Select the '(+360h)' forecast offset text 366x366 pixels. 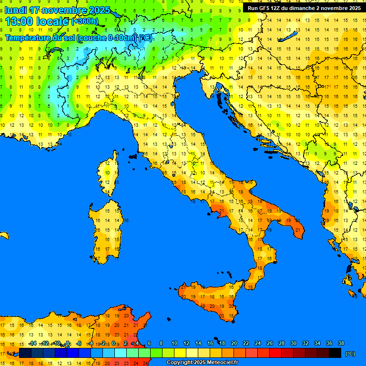click(84, 21)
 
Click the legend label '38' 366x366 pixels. click(341, 343)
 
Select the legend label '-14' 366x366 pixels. click(32, 343)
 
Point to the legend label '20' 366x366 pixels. click(234, 343)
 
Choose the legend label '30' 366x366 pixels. click(294, 343)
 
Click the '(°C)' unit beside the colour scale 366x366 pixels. click(350, 354)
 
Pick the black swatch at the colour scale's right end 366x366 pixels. click(335, 353)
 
